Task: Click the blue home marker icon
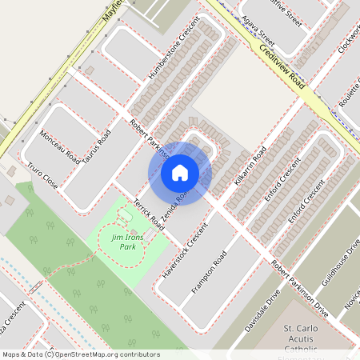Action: pyautogui.click(x=180, y=172)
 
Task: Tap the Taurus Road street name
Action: pyautogui.click(x=96, y=149)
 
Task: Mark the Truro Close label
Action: pyautogui.click(x=42, y=178)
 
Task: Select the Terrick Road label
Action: pyautogui.click(x=149, y=215)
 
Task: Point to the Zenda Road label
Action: pyautogui.click(x=175, y=206)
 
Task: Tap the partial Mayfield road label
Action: pyautogui.click(x=116, y=10)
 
